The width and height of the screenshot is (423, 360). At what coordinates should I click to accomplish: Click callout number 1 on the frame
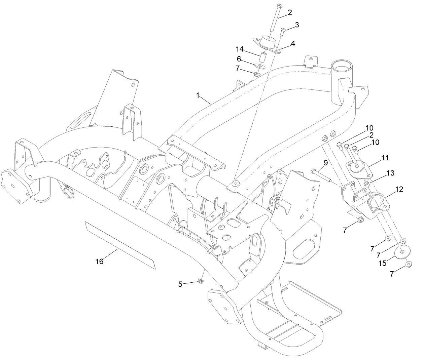[199, 95]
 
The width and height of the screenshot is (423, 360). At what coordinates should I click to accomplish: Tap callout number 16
[99, 261]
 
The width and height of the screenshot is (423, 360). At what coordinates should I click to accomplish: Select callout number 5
[180, 284]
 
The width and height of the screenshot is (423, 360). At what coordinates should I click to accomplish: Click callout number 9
[325, 163]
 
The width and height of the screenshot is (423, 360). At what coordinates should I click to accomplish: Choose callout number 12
[399, 189]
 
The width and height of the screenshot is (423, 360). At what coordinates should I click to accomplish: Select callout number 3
[297, 25]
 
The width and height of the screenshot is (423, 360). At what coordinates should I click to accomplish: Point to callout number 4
[293, 43]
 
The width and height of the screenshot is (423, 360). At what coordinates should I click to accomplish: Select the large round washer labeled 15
[402, 253]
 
